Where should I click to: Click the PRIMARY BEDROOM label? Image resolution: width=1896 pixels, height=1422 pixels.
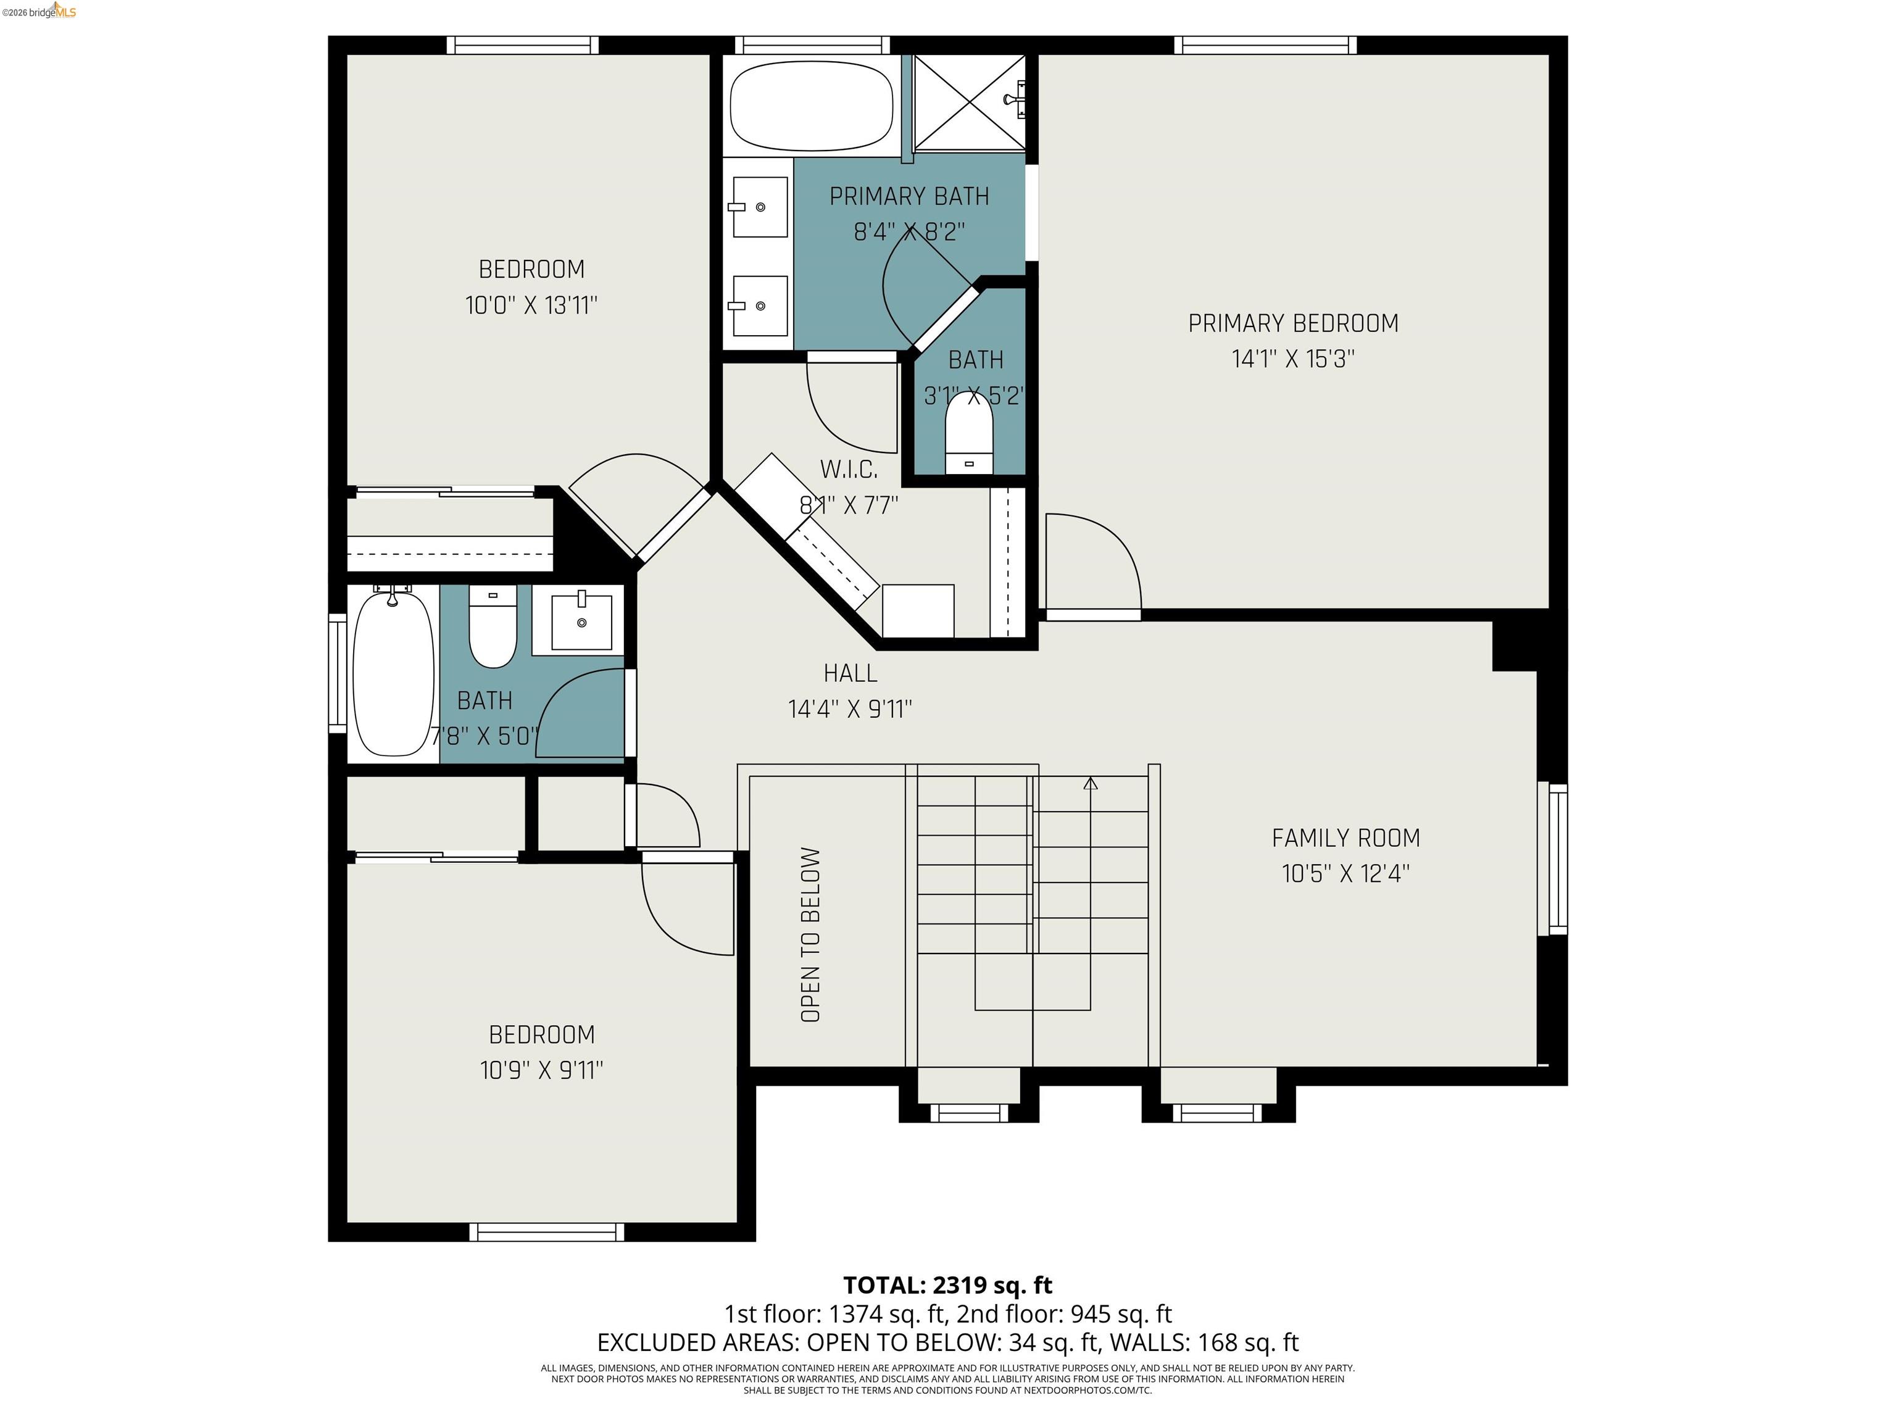tap(1292, 323)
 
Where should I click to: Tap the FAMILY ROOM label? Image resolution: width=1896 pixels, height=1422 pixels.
tap(1345, 838)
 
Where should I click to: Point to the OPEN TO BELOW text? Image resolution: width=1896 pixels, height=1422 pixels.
tap(810, 934)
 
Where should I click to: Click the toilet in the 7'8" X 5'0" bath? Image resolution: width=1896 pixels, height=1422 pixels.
tap(493, 626)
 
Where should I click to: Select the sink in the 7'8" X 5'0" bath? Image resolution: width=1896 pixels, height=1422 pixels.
tap(582, 620)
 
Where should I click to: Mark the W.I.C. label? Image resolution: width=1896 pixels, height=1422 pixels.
tap(849, 470)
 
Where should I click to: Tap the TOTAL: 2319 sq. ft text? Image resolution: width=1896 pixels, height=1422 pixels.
tap(947, 1285)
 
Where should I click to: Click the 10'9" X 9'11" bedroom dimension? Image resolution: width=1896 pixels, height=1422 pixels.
tap(542, 1070)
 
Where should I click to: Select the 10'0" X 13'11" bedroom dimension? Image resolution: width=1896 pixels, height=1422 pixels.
tap(531, 305)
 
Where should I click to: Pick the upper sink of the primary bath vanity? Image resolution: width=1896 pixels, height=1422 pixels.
tap(759, 207)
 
